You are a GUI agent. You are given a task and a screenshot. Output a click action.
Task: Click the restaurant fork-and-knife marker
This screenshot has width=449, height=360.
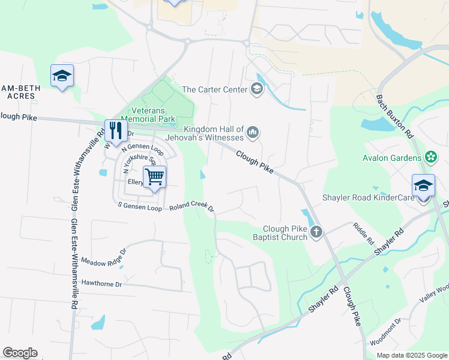coord(113,130)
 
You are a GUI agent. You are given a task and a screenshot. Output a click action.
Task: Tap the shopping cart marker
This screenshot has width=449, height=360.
coord(154,176)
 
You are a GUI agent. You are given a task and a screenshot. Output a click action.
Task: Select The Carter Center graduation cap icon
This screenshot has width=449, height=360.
coord(257,90)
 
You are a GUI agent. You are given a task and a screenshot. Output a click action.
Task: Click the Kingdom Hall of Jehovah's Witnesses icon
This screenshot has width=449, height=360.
coord(253,132)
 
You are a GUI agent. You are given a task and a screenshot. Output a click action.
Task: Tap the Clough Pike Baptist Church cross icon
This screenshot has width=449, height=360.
coord(316,232)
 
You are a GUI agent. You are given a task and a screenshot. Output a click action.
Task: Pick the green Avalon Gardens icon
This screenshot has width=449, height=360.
coord(430,158)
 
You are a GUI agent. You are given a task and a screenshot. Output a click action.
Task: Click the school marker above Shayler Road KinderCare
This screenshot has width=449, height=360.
coord(423,185)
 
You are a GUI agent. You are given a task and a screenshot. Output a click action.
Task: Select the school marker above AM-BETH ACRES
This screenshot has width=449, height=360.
coord(62,76)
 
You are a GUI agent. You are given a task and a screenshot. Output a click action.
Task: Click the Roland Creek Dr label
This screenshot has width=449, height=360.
coord(191,207)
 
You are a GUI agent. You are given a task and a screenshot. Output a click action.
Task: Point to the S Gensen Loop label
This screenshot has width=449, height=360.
coord(140,207)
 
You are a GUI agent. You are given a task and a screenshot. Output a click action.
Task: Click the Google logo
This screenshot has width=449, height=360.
coord(20,352)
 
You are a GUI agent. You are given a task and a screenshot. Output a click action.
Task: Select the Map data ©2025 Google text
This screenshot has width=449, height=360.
coord(412,355)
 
